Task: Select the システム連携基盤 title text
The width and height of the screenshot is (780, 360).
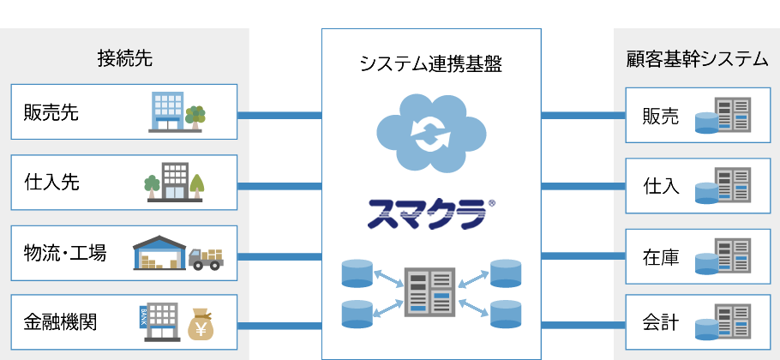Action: (431, 63)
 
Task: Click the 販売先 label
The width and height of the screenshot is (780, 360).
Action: (52, 112)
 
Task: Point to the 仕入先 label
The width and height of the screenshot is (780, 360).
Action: (52, 183)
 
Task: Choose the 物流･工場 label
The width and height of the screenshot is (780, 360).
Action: (66, 253)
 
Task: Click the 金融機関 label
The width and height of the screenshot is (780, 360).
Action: (61, 323)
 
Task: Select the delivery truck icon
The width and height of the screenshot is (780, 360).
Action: (205, 257)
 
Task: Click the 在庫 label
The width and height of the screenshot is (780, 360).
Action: (661, 256)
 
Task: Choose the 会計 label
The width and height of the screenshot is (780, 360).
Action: (661, 324)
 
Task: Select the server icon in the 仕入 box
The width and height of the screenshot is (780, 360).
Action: (723, 185)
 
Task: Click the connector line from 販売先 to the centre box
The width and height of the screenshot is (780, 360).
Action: (279, 114)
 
